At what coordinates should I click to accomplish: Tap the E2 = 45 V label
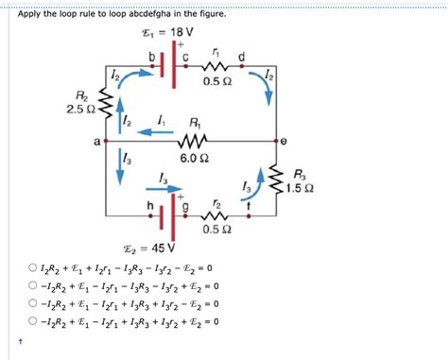pos(157,248)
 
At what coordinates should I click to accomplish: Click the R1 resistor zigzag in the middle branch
pos(194,140)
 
